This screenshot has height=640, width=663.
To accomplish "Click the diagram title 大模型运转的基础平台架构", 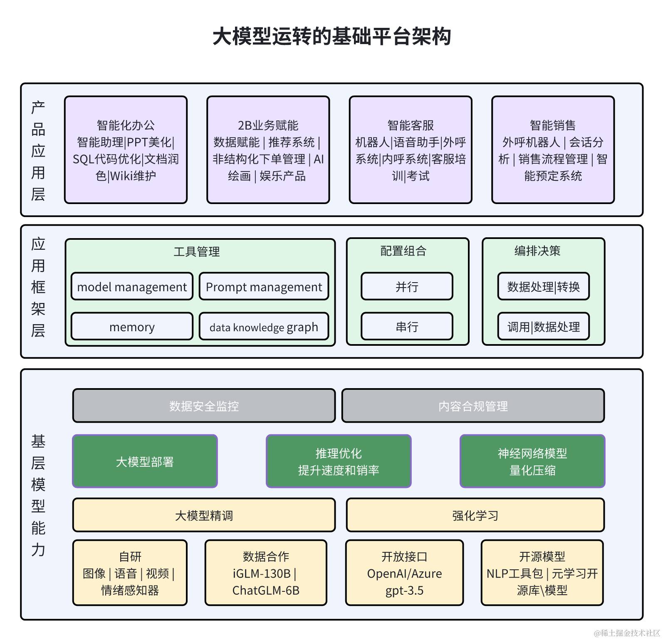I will click(331, 36).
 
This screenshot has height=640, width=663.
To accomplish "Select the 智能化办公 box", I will click(126, 150).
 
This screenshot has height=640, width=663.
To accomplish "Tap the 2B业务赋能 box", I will click(268, 150).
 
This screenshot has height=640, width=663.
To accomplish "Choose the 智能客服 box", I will click(411, 150).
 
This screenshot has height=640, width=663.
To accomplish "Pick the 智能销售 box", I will click(553, 150).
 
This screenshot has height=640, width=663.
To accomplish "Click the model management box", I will click(132, 286).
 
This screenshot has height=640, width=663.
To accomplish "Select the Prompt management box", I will click(264, 286).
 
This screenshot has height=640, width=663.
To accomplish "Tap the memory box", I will click(132, 327).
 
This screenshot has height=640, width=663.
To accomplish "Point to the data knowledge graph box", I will click(264, 327).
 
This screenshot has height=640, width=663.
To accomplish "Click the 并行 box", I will click(407, 286).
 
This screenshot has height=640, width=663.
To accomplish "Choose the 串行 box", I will click(407, 327).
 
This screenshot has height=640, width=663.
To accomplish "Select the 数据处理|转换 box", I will click(543, 286).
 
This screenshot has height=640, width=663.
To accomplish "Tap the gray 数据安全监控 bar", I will click(204, 406).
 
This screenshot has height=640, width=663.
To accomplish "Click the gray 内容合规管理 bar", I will click(473, 406).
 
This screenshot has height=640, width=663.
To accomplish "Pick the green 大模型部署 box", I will click(145, 461).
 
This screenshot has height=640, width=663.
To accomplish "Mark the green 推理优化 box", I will click(339, 461).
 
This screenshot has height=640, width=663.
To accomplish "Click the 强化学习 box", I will click(475, 515).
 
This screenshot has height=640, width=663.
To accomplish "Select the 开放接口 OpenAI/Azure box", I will click(404, 573).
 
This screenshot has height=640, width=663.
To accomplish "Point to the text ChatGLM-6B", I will click(266, 590).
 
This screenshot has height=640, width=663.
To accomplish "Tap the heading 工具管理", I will click(196, 251).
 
